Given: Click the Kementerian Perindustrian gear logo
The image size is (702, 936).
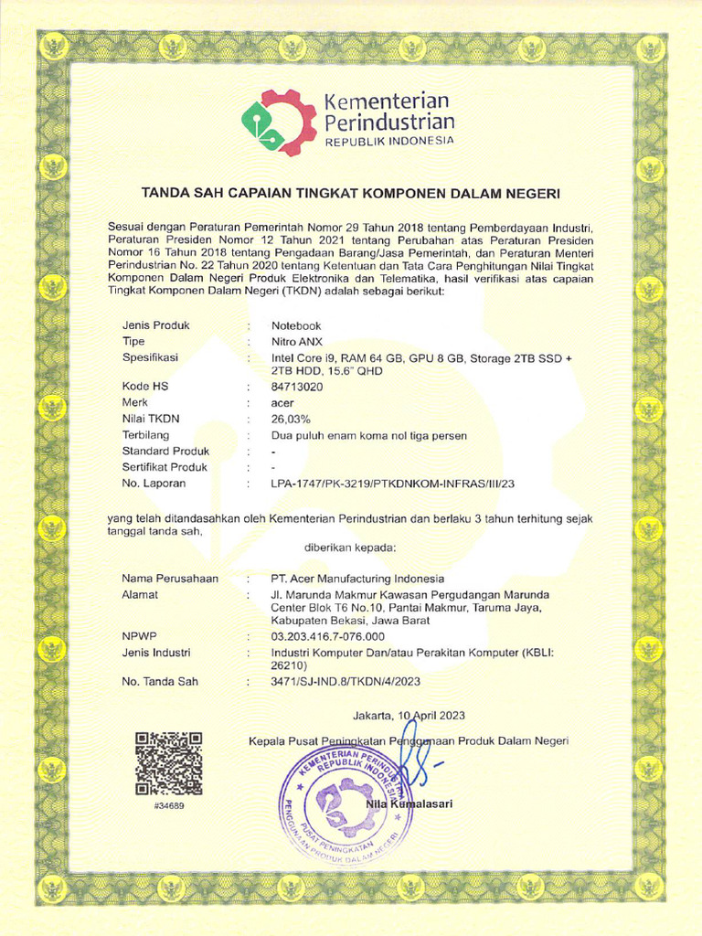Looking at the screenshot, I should [x=279, y=122].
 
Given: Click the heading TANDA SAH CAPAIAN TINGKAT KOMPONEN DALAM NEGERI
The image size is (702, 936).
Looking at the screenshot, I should [x=349, y=194].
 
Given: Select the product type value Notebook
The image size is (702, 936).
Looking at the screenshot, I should [x=296, y=325].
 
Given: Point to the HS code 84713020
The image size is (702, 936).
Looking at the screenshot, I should [x=297, y=387].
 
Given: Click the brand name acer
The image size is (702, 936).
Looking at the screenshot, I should [x=282, y=402].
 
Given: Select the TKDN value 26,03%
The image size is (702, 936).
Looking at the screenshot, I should [x=291, y=419].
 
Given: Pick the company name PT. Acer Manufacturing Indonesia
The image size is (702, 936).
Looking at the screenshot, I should [x=357, y=579].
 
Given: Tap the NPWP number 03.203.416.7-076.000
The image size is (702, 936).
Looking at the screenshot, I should [x=328, y=636].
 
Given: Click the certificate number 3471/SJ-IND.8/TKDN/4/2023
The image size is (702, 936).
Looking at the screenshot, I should [x=346, y=682].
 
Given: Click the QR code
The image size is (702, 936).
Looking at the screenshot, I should [x=168, y=763].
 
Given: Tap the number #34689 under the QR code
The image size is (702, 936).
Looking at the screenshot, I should [x=168, y=805].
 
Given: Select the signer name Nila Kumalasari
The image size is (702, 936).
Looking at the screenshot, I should [x=409, y=803].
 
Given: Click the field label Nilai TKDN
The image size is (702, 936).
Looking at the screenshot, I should [x=152, y=419].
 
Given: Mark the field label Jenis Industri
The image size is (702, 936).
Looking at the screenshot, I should [x=156, y=653].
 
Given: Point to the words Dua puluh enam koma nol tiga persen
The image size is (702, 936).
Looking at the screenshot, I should [x=369, y=436].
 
